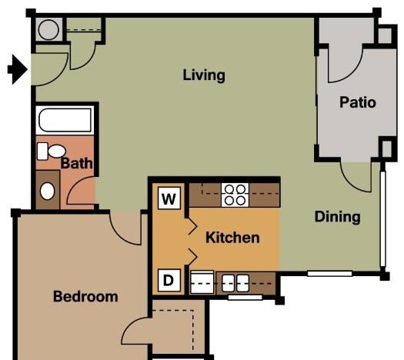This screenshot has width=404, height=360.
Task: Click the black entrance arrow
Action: (x=18, y=69)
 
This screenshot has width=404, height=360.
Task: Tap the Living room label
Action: (x=204, y=75)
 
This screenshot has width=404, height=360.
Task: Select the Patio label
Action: (x=358, y=102)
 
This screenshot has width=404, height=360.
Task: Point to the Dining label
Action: (x=337, y=217)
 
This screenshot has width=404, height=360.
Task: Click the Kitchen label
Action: (x=232, y=238)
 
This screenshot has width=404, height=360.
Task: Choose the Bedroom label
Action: (x=85, y=296)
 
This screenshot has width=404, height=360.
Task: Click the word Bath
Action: (x=76, y=163)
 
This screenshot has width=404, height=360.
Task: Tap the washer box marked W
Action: (x=169, y=198)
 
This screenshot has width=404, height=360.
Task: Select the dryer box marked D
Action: (x=169, y=280)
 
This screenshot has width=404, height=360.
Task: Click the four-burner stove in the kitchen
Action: (x=235, y=195)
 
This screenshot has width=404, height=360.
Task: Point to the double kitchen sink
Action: (x=235, y=283)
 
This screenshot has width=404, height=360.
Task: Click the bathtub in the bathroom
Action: (x=65, y=120)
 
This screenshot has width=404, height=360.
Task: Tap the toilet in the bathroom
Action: (x=51, y=152)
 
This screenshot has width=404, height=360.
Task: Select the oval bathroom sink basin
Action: (x=48, y=191)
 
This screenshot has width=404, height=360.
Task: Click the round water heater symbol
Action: (x=48, y=30)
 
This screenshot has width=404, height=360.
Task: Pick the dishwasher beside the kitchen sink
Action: (x=202, y=282)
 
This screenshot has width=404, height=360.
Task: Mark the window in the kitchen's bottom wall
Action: (x=245, y=298)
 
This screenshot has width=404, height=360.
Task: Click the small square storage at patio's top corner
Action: (x=385, y=35)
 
